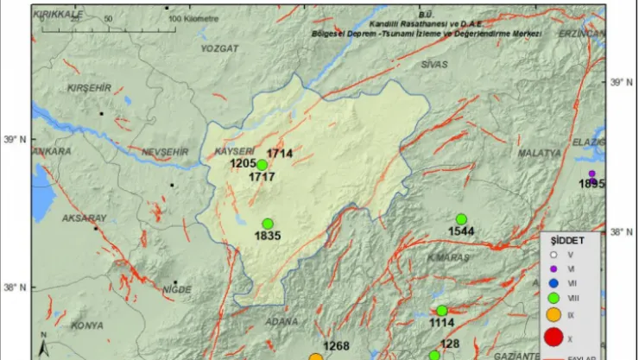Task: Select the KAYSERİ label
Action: [x=231, y=150]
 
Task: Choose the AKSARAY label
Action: [x=84, y=218]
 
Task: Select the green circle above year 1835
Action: [x=268, y=224]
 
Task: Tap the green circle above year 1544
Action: [x=461, y=219]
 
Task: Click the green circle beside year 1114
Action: [x=441, y=311]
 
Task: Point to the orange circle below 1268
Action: [x=316, y=357]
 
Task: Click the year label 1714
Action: [x=280, y=154]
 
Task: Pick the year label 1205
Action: [x=244, y=163]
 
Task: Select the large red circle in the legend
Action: [x=554, y=337]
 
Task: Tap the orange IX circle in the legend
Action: [x=554, y=315]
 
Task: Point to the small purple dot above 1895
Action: [x=592, y=174]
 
